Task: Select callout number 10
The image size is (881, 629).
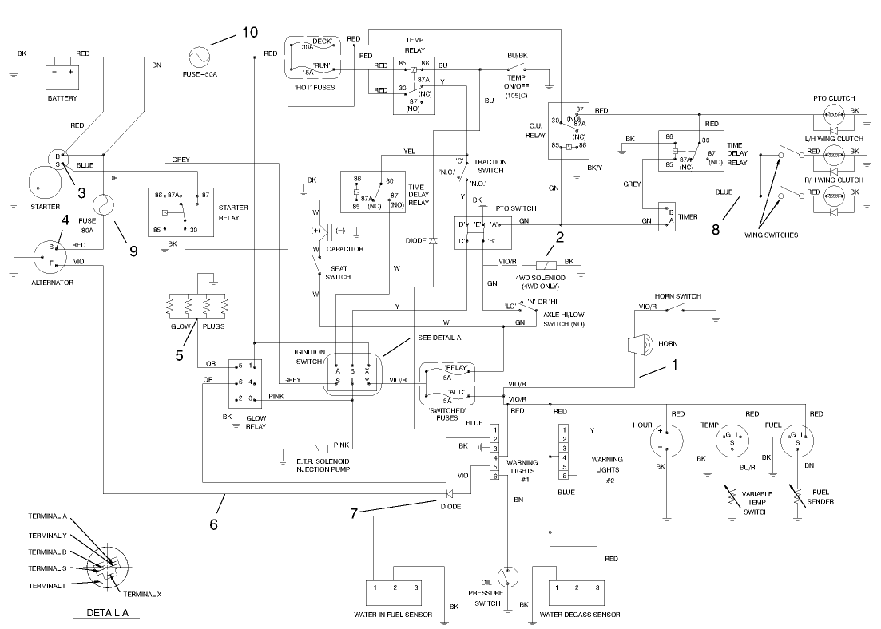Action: click(249, 32)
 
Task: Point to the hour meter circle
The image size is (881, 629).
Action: click(660, 437)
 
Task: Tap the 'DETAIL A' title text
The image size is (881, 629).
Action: click(106, 614)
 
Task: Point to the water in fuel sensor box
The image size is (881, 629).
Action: click(393, 591)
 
